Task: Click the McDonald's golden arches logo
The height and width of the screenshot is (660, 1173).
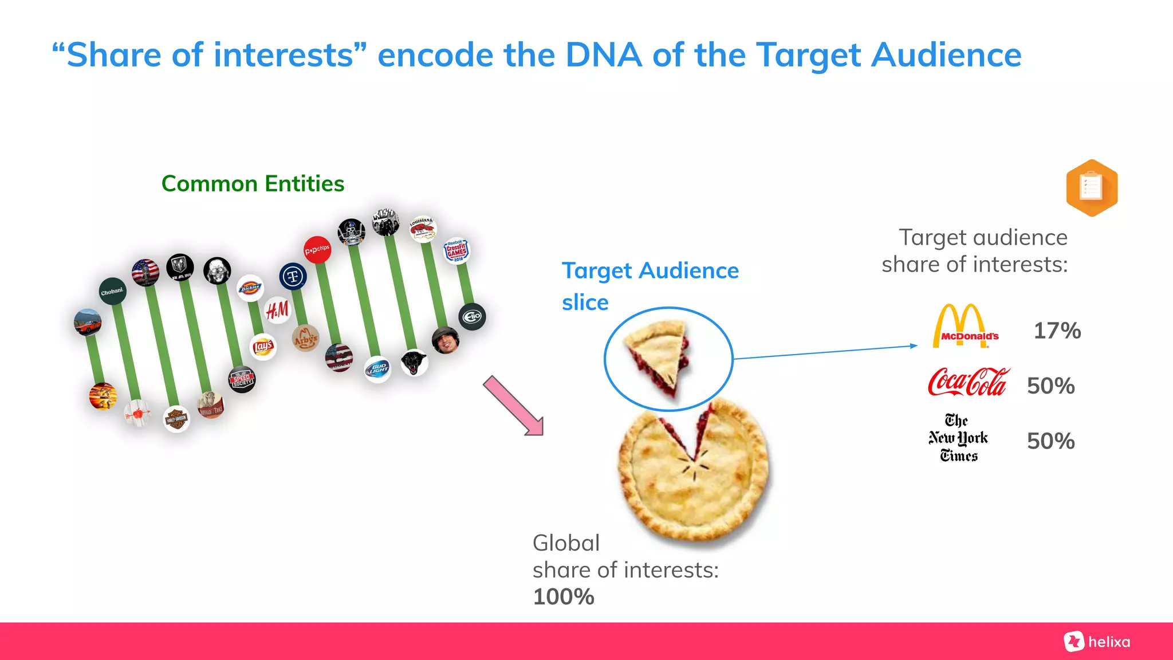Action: [961, 326]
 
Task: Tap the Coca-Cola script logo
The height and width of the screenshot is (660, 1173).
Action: [969, 383]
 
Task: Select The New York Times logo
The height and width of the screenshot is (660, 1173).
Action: [958, 438]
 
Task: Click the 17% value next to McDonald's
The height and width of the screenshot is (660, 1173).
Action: [1057, 331]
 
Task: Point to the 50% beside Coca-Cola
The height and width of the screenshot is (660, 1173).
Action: [1050, 386]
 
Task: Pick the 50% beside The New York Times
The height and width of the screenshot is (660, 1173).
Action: [1050, 441]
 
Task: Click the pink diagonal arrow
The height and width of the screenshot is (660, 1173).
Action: [513, 406]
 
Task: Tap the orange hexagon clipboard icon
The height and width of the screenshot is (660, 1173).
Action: [1092, 188]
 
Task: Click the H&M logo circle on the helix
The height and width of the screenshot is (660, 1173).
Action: [278, 311]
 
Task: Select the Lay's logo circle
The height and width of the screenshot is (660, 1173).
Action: [263, 347]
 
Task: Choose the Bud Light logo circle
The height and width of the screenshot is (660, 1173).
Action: [378, 368]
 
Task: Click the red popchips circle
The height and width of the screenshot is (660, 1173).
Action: [317, 250]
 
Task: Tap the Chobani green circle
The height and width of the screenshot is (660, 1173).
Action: [112, 292]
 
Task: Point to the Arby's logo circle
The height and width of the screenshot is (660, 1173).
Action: [305, 338]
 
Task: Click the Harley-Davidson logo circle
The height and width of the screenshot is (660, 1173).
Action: [176, 419]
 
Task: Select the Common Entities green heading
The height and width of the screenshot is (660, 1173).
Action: [253, 184]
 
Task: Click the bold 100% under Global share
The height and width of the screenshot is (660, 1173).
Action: [564, 597]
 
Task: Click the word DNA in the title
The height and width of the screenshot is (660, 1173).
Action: [604, 56]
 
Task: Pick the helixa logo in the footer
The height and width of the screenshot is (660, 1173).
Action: [1097, 642]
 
